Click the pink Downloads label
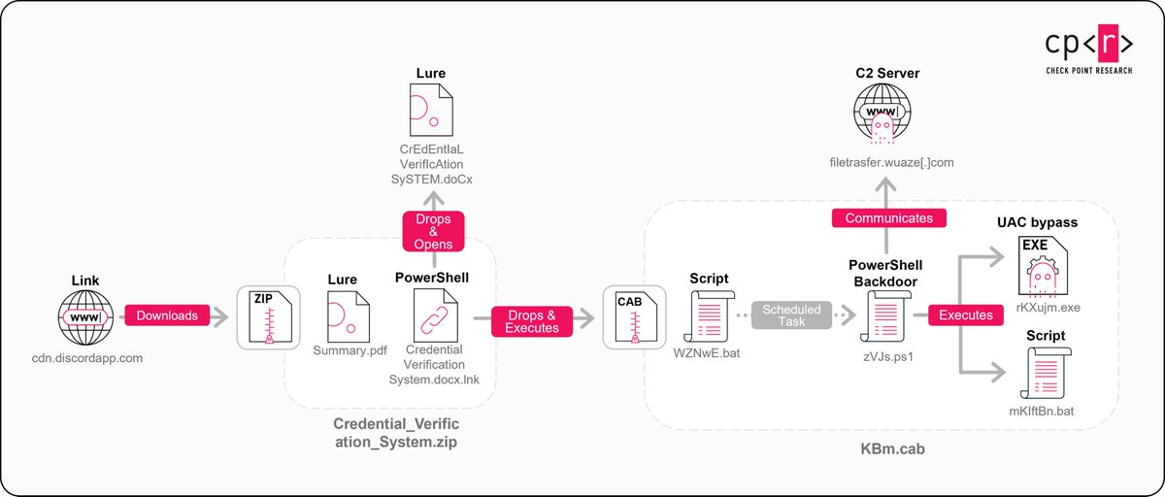coord(166,315)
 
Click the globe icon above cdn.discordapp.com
coord(85,316)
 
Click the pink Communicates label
coord(889,218)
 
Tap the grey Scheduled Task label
coord(791,315)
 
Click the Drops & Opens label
coord(434,232)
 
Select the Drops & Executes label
coord(532,321)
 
